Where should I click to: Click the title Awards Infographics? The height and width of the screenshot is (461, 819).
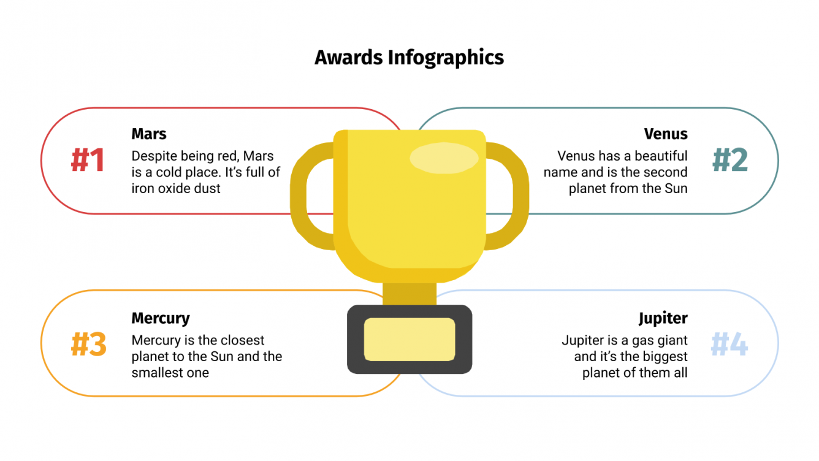point(409,58)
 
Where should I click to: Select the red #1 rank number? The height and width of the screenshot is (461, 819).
point(88,160)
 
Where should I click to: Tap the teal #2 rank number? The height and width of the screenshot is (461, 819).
point(730,160)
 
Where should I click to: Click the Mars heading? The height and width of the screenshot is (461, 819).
point(149,134)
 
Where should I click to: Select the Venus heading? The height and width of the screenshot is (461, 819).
point(666,134)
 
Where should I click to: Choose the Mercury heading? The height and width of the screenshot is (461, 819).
point(161,318)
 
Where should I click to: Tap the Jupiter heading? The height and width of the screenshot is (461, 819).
point(663,319)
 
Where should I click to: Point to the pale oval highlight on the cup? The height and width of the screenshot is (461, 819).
point(443,158)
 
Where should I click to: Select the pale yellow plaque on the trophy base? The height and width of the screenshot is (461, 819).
point(409,340)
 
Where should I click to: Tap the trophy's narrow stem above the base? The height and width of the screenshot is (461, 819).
point(409,293)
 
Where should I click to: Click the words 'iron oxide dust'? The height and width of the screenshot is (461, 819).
point(176,189)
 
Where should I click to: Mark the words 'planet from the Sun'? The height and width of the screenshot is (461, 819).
point(628,189)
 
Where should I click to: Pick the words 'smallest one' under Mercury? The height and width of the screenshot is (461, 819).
point(170,373)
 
